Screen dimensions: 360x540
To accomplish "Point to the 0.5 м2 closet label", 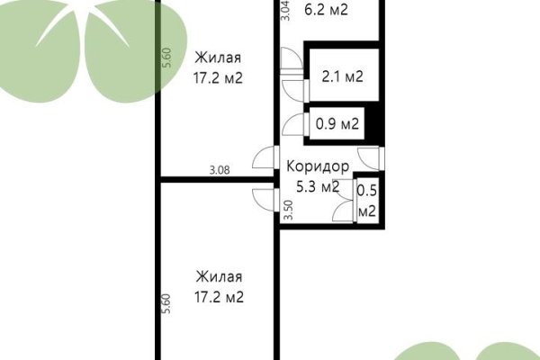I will click(366, 201).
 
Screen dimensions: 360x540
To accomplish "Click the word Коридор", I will click(317, 167).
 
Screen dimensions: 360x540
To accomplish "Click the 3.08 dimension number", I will click(220, 168).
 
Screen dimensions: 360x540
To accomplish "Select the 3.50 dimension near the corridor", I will click(288, 211).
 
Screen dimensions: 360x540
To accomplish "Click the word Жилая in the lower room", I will click(220, 276).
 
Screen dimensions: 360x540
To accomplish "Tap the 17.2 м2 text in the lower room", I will click(220, 295).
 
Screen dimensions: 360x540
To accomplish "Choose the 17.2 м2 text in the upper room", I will click(220, 78).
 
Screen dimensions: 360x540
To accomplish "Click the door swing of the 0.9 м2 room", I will click(292, 127).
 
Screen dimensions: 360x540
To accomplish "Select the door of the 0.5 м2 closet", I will click(343, 213).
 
